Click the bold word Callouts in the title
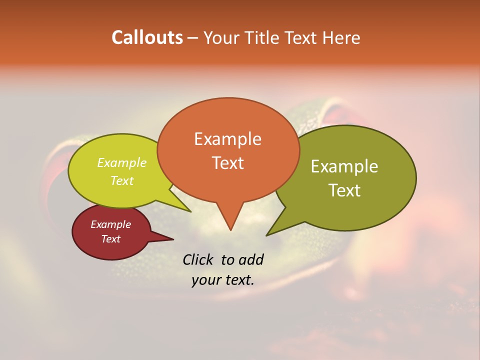point(147,37)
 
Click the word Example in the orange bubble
point(227,139)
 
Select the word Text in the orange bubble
point(227,163)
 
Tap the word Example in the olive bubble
point(344,166)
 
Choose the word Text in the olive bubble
point(345,190)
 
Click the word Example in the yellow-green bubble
point(121,163)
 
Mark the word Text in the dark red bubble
point(110,239)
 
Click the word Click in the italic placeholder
point(198,259)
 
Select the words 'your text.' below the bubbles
point(222,280)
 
